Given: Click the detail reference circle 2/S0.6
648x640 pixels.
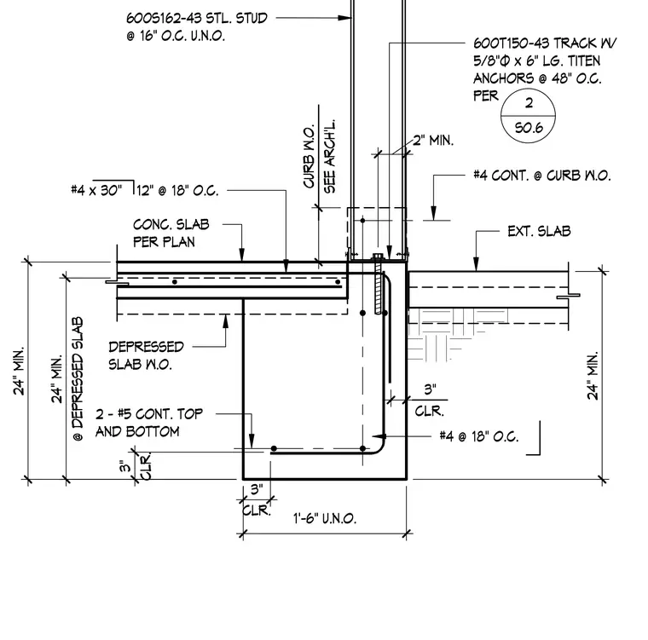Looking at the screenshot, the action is [528, 116].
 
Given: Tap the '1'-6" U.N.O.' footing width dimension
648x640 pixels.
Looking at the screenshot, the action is [325, 518].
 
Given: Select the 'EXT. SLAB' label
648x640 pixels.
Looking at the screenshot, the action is [539, 231].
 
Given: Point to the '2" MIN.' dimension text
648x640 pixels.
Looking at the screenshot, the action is [433, 141].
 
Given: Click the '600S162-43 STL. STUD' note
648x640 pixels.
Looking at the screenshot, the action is [197, 18].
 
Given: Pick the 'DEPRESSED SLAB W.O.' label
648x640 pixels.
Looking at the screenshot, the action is [146, 355].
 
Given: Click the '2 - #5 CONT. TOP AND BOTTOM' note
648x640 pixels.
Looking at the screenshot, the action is [149, 423].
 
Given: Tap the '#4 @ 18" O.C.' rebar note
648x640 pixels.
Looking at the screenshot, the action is [479, 436].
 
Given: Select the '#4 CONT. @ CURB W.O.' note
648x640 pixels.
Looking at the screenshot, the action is [541, 176].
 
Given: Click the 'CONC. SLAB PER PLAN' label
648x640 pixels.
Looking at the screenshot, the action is [171, 233].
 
